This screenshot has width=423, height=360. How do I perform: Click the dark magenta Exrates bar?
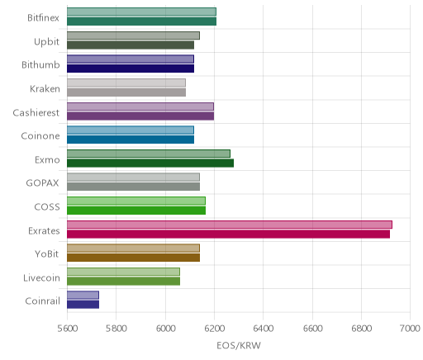(228, 234)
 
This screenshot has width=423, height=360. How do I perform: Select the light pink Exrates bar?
(230, 225)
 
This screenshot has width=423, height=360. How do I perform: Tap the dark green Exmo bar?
(150, 163)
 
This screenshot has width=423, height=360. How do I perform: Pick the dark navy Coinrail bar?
(83, 305)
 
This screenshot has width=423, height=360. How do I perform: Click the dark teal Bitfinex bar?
(141, 21)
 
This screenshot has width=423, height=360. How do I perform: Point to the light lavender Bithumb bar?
(131, 59)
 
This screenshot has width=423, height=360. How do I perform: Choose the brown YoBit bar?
(133, 258)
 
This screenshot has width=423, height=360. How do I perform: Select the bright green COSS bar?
(136, 211)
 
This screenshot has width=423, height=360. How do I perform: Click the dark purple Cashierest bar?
(140, 116)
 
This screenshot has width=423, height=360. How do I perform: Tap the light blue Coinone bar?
(131, 130)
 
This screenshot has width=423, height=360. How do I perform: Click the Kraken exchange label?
(45, 89)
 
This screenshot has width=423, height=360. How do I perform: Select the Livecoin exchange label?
(41, 278)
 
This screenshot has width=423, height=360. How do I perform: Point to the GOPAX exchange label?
(42, 183)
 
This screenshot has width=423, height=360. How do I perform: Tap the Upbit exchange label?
(46, 42)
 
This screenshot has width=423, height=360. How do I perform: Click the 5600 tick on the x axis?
(67, 329)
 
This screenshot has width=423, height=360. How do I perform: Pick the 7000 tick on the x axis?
(411, 329)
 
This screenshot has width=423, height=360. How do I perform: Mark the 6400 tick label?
(264, 329)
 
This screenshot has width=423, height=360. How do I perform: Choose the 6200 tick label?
(214, 329)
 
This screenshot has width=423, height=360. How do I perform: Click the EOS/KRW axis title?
(239, 346)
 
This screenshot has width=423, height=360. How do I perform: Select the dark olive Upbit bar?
(131, 45)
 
